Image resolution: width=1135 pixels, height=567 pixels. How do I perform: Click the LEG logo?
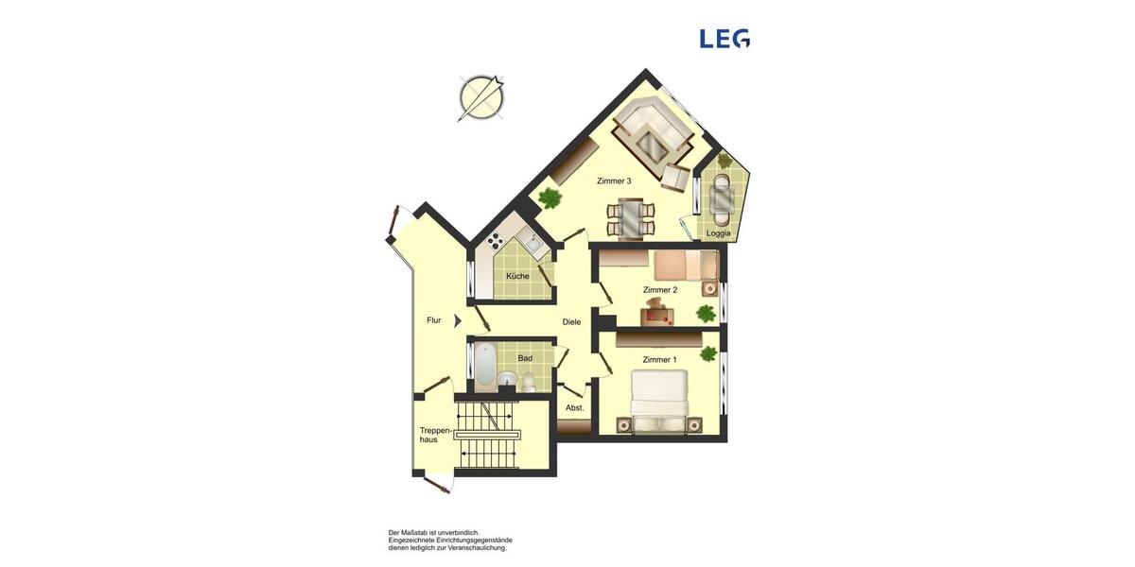coord(725,39)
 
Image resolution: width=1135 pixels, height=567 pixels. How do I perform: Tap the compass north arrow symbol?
coord(481,97)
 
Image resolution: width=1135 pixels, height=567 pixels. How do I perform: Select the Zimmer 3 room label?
coord(614,180)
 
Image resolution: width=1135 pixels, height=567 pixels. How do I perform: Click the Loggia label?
coord(719,232)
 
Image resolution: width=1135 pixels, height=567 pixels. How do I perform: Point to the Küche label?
coord(517,276)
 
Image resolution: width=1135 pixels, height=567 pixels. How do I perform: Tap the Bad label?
coord(525,358)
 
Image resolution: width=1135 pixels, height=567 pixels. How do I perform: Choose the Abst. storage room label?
coord(575,408)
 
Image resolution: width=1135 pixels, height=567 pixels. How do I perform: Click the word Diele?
coord(571,322)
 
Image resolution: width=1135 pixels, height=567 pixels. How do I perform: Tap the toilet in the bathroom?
coord(528,382)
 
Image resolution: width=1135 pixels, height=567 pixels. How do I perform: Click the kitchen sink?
coord(533,248)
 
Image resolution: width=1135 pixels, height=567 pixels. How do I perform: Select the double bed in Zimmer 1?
coord(658,401)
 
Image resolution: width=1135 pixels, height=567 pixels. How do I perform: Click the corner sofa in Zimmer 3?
coord(653,137)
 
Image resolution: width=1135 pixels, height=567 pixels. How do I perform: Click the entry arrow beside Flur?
coord(458,320)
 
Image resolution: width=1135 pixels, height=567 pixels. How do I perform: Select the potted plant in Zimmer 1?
coord(707,354)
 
